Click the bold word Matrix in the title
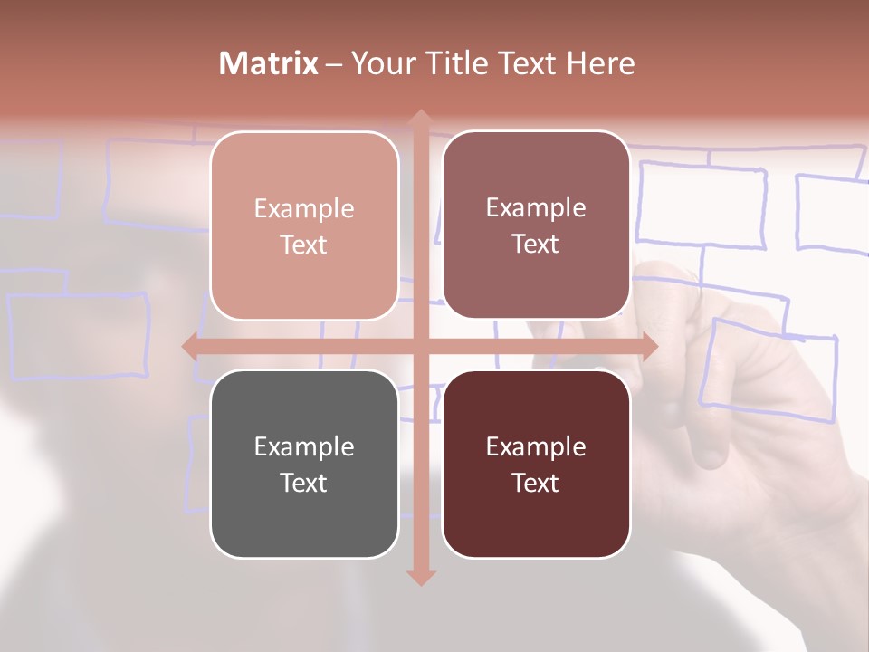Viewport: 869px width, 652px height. tap(269, 63)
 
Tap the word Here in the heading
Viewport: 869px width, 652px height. tap(600, 63)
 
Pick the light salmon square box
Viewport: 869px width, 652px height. tap(304, 225)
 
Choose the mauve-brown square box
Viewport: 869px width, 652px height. tap(536, 225)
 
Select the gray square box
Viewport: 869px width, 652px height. tap(304, 464)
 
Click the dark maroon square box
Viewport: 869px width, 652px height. tap(536, 464)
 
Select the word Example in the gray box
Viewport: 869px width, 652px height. tap(304, 446)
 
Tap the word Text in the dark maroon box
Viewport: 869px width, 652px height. tap(536, 483)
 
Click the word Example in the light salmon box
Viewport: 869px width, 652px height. tap(304, 208)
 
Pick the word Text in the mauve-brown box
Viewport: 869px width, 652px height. tap(536, 244)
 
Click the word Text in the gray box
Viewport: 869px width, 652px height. tap(304, 483)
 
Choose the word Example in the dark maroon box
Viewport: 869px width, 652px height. tap(536, 446)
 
